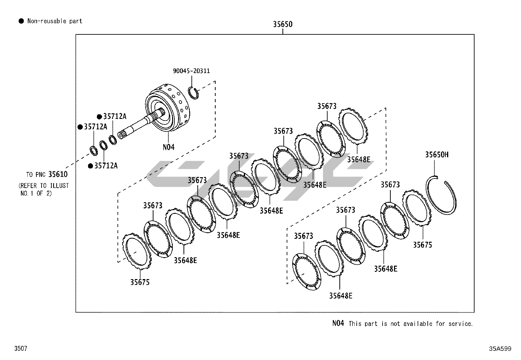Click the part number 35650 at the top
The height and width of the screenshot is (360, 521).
(283, 24)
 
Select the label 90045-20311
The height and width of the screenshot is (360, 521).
(191, 71)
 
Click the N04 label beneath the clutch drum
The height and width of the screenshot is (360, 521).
(169, 147)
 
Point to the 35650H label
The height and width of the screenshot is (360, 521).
(437, 155)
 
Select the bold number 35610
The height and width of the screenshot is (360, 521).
(58, 174)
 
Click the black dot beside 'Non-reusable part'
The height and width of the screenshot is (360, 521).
(21, 21)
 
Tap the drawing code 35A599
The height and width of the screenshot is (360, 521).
(500, 349)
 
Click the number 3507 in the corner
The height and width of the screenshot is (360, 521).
(21, 348)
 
